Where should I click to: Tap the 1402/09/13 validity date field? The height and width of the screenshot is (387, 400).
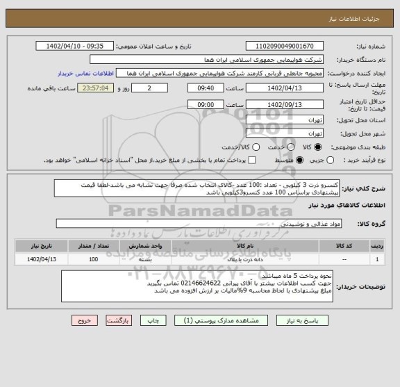[276, 104]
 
